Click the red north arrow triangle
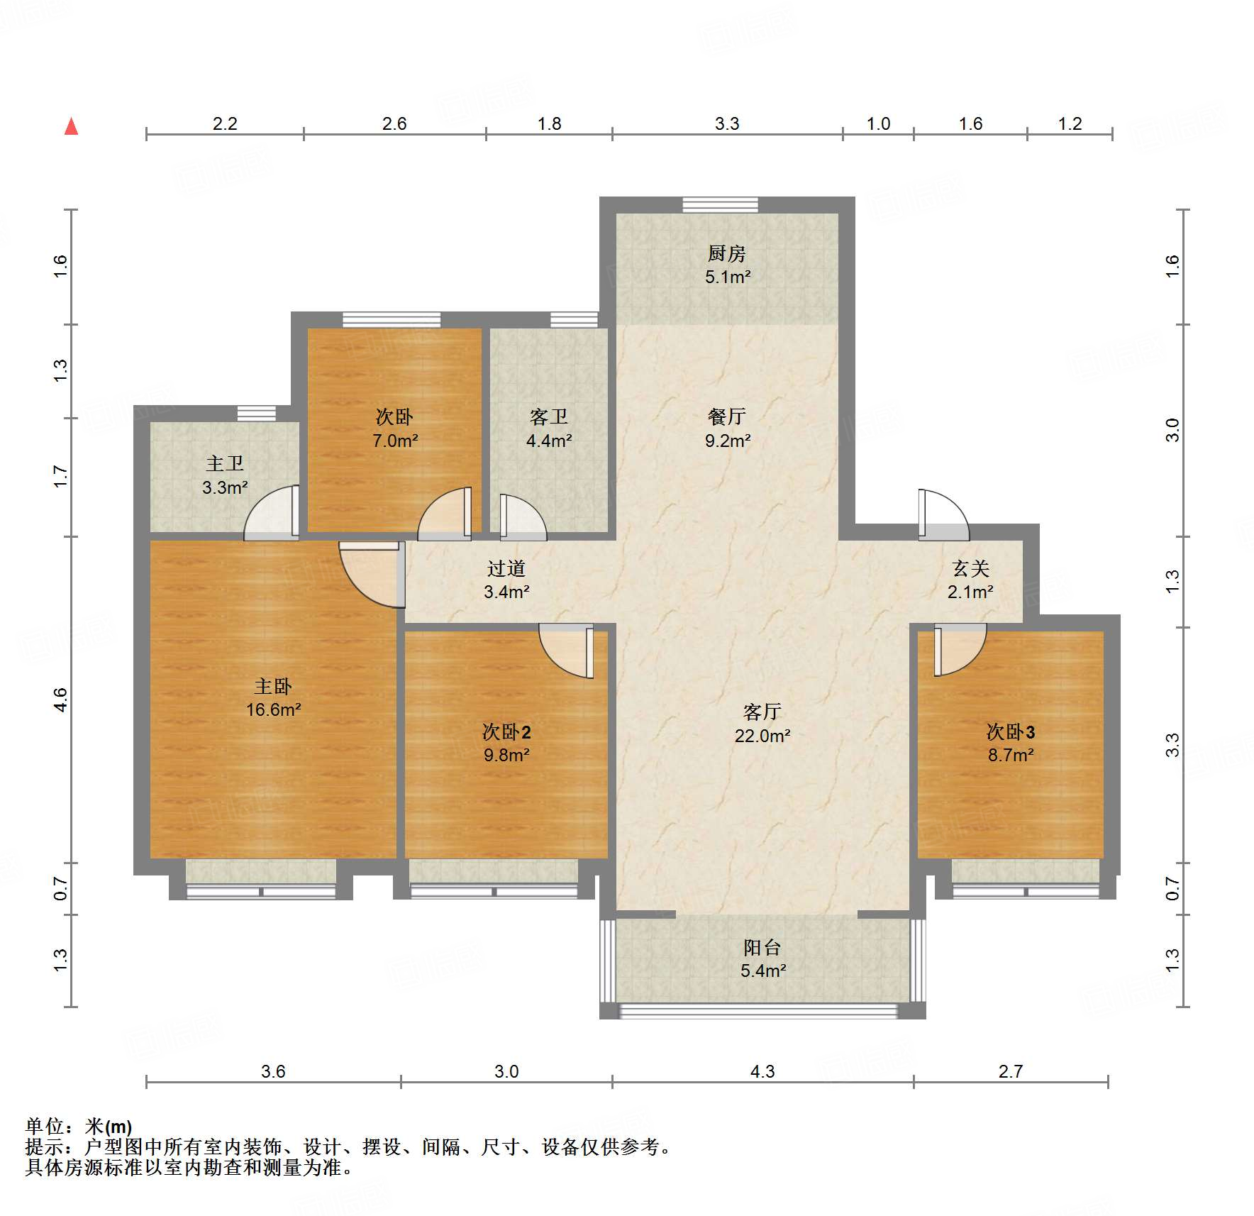(71, 126)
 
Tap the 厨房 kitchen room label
(727, 253)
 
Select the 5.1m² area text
(728, 277)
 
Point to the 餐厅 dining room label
(727, 416)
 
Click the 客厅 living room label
(762, 712)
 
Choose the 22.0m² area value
(762, 736)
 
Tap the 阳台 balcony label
(762, 947)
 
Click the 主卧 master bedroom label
(273, 686)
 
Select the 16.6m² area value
(274, 709)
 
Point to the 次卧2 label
(506, 731)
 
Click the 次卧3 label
(1011, 731)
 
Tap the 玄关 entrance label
(971, 568)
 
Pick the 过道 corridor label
(506, 568)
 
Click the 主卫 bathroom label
(225, 464)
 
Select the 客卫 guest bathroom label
(549, 416)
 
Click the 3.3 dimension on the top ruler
(727, 123)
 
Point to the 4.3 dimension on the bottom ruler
(762, 1071)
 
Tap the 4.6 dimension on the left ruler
(61, 700)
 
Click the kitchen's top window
(721, 205)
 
